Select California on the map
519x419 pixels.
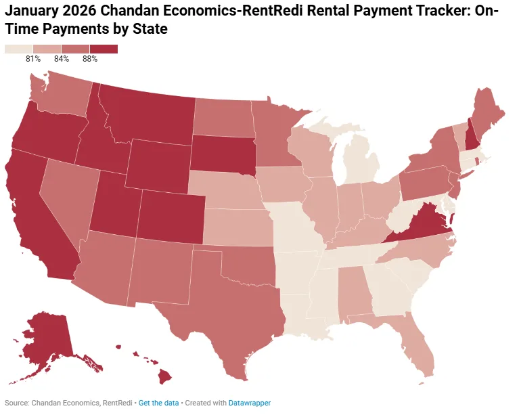(34, 217)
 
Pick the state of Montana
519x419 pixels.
(149, 115)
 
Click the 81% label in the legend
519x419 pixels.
(33, 59)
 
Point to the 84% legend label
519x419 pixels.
(62, 59)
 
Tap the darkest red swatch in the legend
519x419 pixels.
(104, 49)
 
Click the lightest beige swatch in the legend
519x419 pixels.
(18, 49)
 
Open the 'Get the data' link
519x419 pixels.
(159, 403)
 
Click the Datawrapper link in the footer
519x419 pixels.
(250, 403)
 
